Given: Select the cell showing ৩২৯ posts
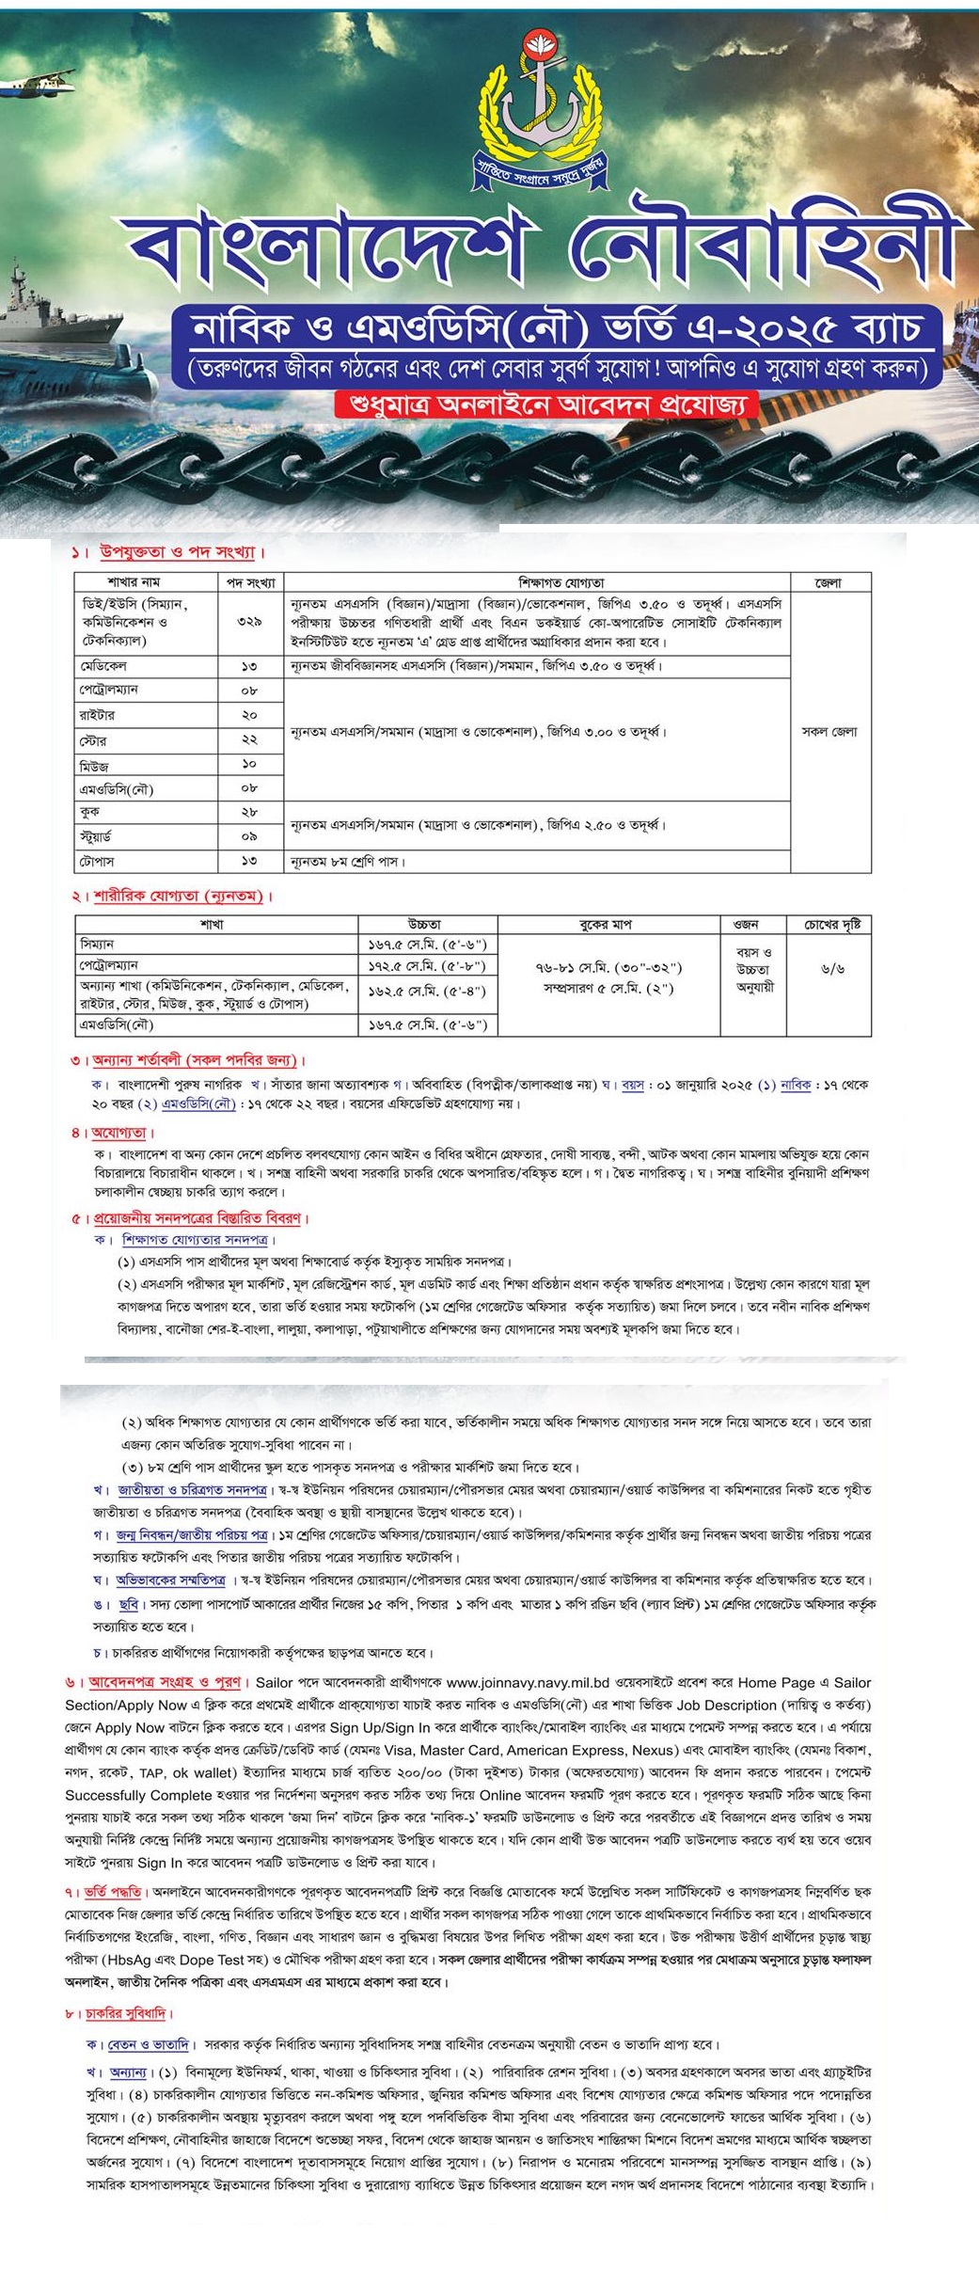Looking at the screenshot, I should tap(250, 621).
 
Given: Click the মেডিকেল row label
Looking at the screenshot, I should tap(103, 666).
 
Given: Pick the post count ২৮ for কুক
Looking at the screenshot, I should tap(250, 812).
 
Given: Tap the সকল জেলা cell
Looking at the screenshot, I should tap(829, 732).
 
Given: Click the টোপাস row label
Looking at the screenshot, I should tap(98, 861).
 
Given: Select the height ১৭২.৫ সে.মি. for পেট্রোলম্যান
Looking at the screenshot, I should tap(427, 965).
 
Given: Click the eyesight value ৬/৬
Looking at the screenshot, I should tap(831, 970).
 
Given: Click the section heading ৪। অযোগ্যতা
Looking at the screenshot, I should tap(114, 1133).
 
